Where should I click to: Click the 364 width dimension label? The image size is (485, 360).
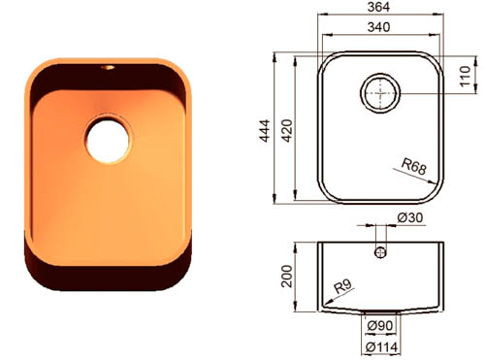pyautogui.click(x=378, y=7)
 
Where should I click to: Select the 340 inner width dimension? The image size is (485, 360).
pyautogui.click(x=378, y=27)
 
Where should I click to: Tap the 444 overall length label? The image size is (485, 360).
pyautogui.click(x=265, y=131)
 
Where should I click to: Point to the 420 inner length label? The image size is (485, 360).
pyautogui.click(x=287, y=131)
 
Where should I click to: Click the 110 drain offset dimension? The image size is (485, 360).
pyautogui.click(x=466, y=76)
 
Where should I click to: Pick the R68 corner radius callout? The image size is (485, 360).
pyautogui.click(x=414, y=167)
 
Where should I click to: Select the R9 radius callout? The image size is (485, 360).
pyautogui.click(x=342, y=286)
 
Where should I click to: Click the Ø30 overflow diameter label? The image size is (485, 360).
pyautogui.click(x=409, y=217)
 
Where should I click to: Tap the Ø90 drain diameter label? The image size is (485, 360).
pyautogui.click(x=380, y=326)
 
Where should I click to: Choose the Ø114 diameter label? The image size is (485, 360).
pyautogui.click(x=381, y=347)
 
